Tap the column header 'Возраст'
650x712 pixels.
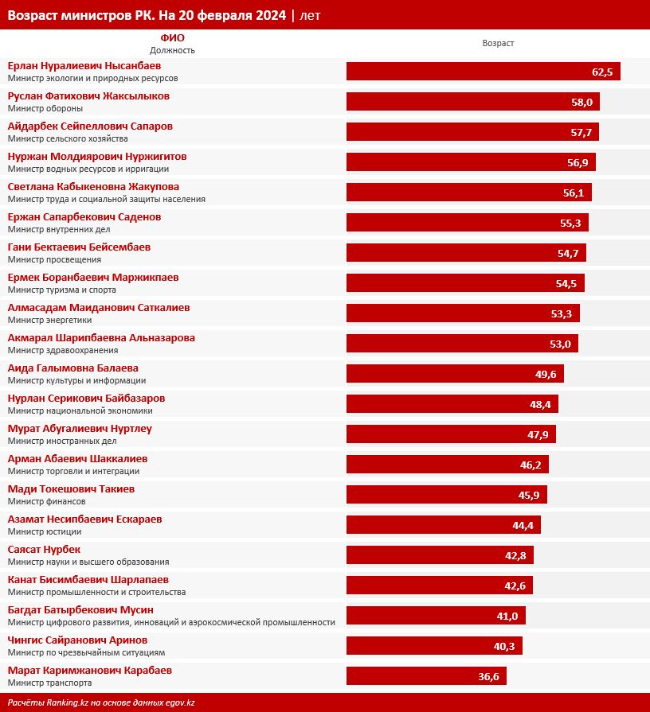coord(498,43)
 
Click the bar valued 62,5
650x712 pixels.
coord(483,72)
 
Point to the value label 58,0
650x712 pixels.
coord(581,103)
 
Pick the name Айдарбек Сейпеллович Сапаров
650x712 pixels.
coord(90,126)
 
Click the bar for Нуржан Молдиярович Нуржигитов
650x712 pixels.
coord(471,162)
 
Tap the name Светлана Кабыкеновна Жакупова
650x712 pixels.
coord(93,187)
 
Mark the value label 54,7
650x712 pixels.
coord(568,254)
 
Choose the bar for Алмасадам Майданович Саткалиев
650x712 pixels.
coord(463,313)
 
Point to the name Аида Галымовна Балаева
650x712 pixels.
coord(72,368)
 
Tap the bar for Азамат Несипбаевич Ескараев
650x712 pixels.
coord(444,525)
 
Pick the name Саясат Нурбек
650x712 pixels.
coord(44,550)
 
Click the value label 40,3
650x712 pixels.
coord(504,647)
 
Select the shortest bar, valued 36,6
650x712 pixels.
coord(426,676)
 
